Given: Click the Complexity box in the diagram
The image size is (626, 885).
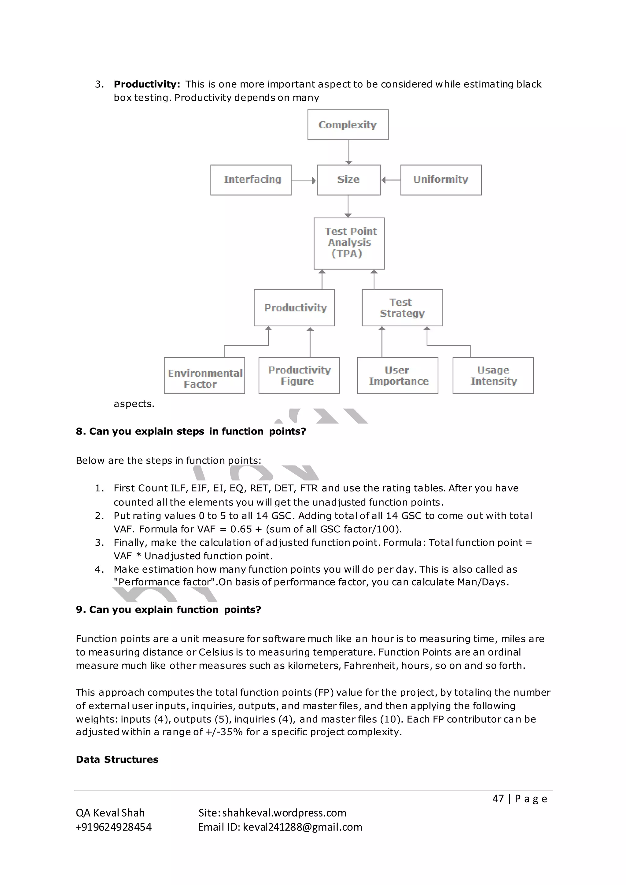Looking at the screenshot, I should click(x=348, y=125).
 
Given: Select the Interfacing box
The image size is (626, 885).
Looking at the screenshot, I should click(x=251, y=180).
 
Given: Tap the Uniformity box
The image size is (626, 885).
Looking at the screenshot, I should click(x=440, y=180).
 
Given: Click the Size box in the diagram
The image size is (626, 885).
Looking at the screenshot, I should click(x=348, y=180).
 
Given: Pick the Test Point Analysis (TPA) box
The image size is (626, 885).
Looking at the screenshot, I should click(x=349, y=243).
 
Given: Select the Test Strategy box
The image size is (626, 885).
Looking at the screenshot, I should click(x=402, y=308).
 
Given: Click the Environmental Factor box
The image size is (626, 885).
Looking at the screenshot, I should click(x=204, y=376).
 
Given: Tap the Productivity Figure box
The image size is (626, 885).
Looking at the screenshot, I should click(x=299, y=376).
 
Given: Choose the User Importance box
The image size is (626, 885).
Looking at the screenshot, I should click(x=397, y=376).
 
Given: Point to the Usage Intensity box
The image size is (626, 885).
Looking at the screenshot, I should click(x=493, y=376).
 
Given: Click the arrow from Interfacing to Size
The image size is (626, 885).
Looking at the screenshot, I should click(x=304, y=180).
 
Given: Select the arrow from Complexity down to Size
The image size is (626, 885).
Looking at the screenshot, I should click(x=349, y=152).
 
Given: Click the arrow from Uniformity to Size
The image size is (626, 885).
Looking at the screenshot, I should click(x=391, y=180).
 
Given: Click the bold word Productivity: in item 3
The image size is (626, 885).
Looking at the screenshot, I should click(x=147, y=84).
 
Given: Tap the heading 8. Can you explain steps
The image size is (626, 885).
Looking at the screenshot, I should click(x=190, y=431).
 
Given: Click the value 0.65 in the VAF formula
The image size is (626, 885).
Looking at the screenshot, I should click(x=241, y=529).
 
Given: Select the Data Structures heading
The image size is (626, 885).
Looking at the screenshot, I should click(x=117, y=759).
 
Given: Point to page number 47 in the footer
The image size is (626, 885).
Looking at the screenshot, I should click(x=498, y=799).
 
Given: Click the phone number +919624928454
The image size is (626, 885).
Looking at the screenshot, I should click(x=114, y=827).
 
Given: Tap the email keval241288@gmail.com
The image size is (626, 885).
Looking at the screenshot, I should click(x=302, y=827).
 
